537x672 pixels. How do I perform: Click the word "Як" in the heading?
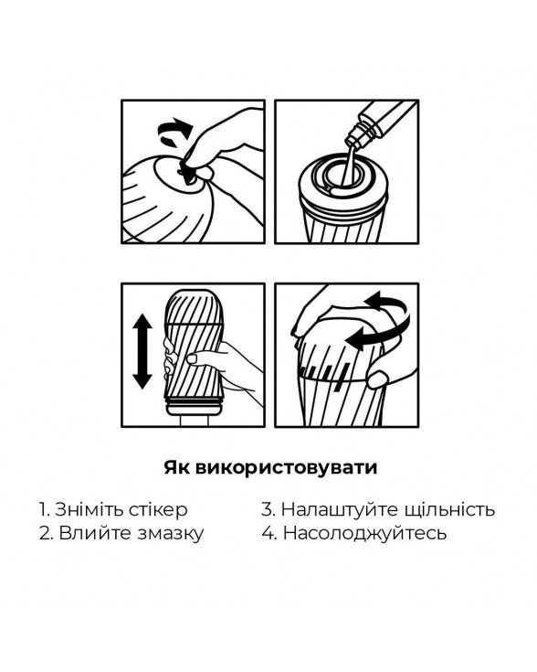tap(176, 467)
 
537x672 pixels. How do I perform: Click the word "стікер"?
tap(158, 510)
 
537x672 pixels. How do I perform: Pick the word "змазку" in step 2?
tap(171, 535)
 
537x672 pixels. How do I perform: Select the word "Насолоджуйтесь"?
tap(365, 534)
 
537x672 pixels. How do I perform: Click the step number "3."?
tap(268, 510)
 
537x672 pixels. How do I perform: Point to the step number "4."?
tap(269, 534)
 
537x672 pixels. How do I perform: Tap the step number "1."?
tap(45, 510)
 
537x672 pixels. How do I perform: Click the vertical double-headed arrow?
tap(142, 351)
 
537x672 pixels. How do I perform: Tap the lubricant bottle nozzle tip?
tap(350, 141)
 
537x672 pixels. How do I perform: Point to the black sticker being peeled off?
tap(187, 172)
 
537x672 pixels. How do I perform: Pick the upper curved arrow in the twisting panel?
tap(385, 301)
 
